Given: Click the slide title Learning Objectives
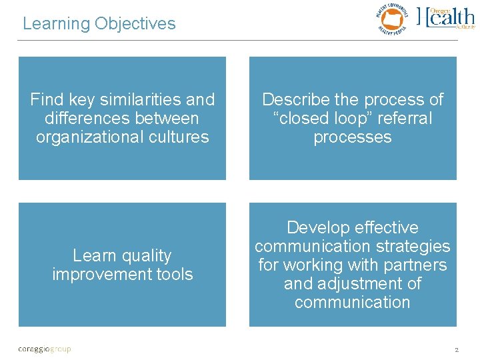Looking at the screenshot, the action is [x=99, y=24].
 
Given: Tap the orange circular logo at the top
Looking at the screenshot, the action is [x=392, y=17].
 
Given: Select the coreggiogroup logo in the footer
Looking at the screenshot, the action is [x=44, y=348].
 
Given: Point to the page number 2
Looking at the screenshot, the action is [x=456, y=349].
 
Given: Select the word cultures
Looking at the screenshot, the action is [x=184, y=137].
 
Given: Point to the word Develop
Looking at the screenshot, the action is [x=315, y=228].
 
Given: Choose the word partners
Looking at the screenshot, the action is [x=415, y=265].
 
